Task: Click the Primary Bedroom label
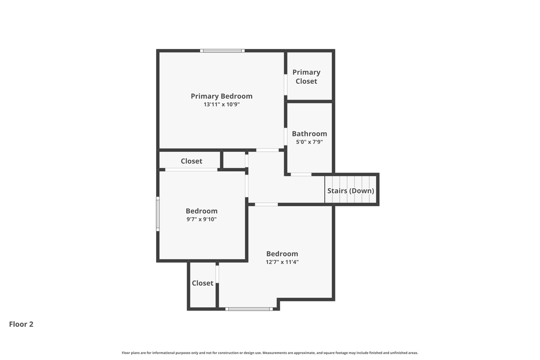pos(221,96)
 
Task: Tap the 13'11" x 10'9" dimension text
pos(221,104)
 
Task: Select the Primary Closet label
pos(306,76)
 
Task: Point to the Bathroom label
pos(310,134)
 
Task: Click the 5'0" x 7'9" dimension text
pos(310,142)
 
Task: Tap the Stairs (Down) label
pos(351,191)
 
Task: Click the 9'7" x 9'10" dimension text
pos(201,219)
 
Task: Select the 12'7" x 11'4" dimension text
pos(282,262)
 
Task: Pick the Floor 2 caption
pos(21,324)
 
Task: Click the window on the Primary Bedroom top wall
pos(222,51)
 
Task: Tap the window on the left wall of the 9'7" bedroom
pos(158,213)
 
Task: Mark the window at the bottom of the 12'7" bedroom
pos(249,309)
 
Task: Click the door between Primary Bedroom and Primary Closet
pos(285,84)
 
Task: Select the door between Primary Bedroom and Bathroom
pos(285,137)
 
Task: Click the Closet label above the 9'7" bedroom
pos(191,161)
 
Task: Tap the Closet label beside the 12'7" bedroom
pos(202,283)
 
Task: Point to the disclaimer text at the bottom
pos(270,353)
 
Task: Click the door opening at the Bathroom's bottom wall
pos(301,174)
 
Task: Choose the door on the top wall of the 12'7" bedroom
pos(266,204)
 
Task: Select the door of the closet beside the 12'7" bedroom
pos(217,274)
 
